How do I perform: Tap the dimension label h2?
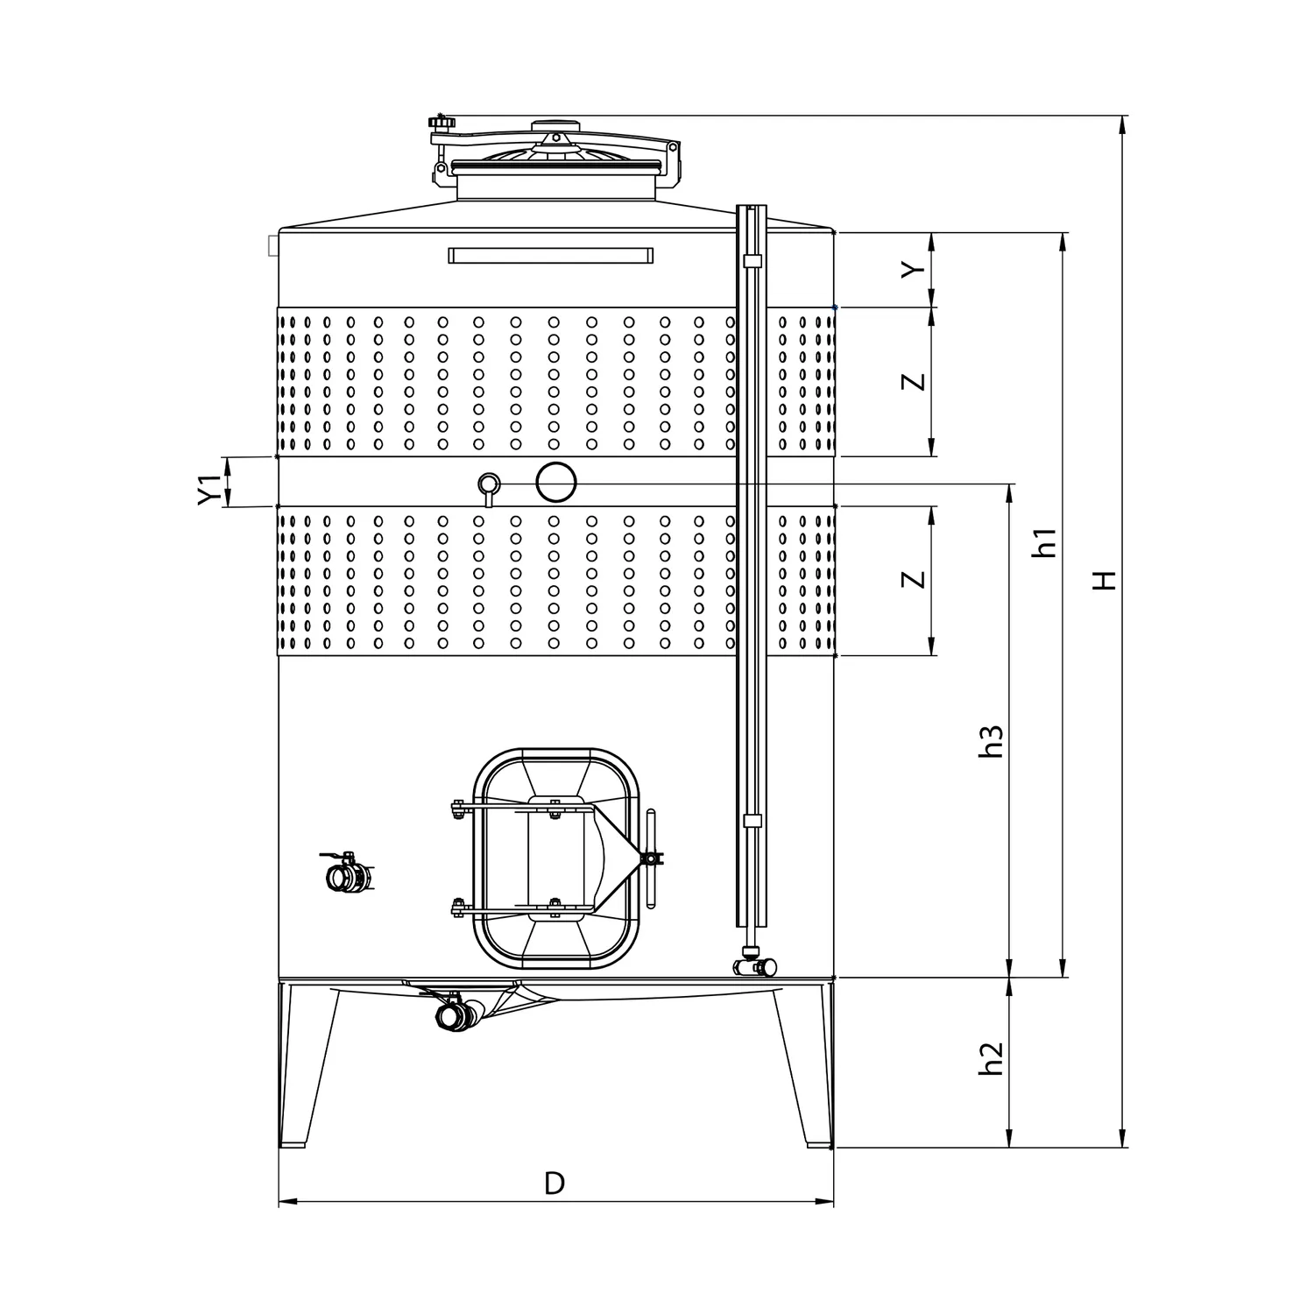pos(991,1058)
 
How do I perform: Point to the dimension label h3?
pos(991,740)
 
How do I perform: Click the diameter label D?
pos(554,1183)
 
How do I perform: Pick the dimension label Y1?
pos(206,490)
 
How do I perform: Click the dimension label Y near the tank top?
pos(914,270)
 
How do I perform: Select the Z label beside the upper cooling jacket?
pos(914,382)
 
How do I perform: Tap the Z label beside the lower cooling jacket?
pos(914,580)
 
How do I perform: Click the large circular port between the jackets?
pos(556,482)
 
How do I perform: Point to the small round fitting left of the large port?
pos(489,485)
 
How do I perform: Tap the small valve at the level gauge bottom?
pos(754,964)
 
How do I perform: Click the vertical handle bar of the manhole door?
pos(650,859)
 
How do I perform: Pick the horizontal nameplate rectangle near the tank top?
pos(550,256)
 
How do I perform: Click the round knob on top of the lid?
pos(556,124)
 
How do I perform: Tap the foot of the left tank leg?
pos(292,1142)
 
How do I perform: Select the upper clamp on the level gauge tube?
pos(752,261)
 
